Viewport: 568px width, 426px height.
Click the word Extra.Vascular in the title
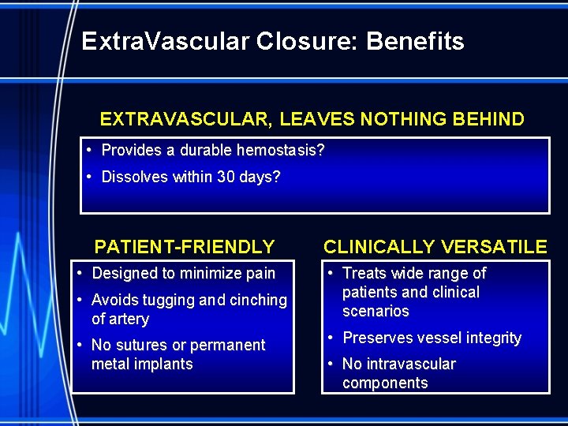[165, 41]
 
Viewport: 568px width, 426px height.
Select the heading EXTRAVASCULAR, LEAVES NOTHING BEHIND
[312, 120]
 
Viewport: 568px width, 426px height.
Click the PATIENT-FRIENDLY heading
[185, 247]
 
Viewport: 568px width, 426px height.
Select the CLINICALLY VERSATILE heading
[435, 247]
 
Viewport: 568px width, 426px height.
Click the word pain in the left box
[260, 274]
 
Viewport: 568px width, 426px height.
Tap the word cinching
[258, 300]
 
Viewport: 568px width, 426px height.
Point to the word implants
[164, 364]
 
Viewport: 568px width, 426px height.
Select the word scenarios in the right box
[376, 311]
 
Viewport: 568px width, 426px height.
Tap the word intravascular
[410, 364]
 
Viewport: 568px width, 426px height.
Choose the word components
[385, 383]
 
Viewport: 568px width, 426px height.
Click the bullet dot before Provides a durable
[92, 150]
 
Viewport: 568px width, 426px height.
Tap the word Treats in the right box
[364, 274]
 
